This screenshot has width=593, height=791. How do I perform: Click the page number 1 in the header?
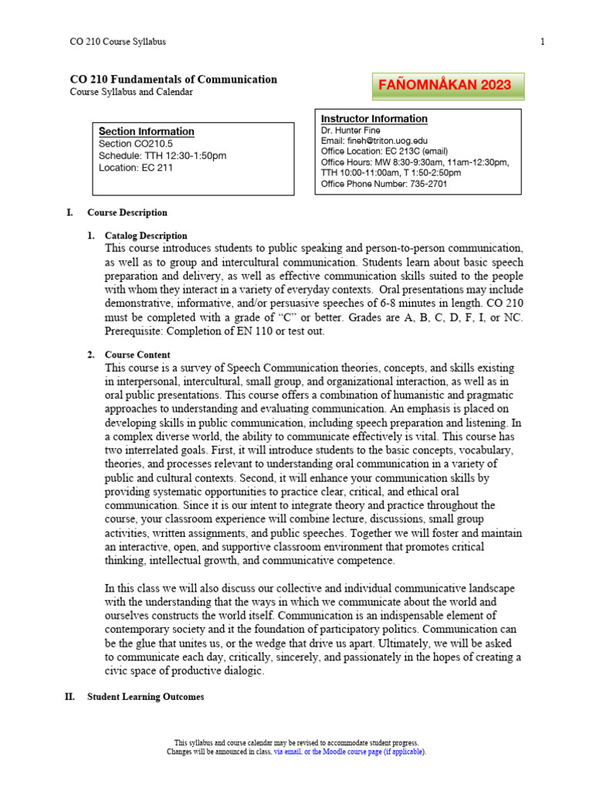pos(542,42)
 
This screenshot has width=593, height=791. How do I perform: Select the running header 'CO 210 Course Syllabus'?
pos(117,42)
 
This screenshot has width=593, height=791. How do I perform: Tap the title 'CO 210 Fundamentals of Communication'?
pos(173,80)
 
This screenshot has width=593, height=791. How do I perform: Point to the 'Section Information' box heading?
pos(146,131)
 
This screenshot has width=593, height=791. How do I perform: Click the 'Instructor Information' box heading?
pos(374,119)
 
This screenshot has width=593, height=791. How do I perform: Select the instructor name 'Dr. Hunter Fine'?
pos(351,131)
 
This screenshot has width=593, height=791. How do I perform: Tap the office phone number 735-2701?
pos(417,184)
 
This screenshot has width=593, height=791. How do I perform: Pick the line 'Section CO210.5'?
pos(135,144)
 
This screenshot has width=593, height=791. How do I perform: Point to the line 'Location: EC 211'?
pos(136,168)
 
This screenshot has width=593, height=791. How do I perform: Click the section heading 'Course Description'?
pos(127,212)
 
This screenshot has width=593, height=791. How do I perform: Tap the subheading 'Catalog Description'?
pos(146,236)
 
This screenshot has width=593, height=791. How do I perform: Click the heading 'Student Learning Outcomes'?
pos(145,697)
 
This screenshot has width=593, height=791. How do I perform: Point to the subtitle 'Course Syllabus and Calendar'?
pos(131,92)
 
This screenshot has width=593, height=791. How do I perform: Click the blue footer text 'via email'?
pos(289,752)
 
